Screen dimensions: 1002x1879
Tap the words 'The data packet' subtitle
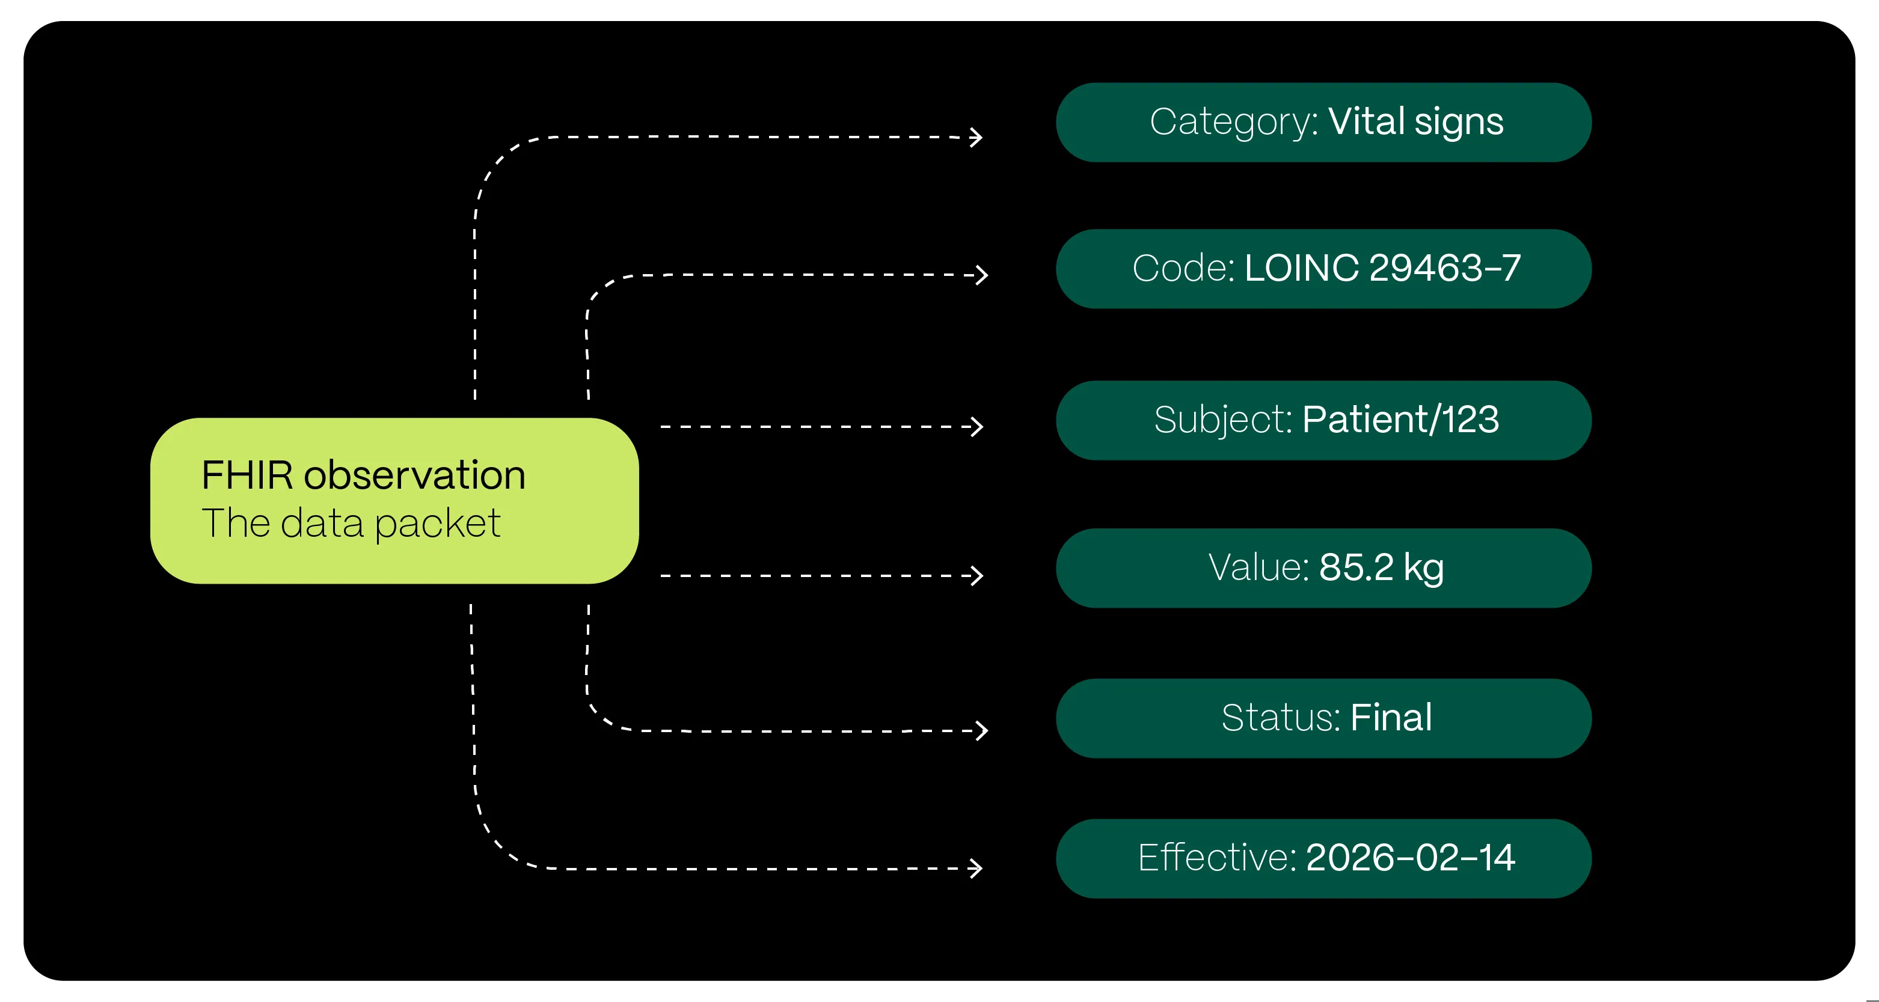[351, 524]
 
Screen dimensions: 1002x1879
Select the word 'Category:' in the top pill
[1233, 122]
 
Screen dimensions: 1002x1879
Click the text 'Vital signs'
[1415, 122]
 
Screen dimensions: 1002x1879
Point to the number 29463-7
[1444, 267]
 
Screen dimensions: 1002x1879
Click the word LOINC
[1301, 267]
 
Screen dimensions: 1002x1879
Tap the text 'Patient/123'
[1400, 420]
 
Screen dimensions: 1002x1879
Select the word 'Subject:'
[1222, 420]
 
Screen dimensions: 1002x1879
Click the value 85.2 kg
[1381, 567]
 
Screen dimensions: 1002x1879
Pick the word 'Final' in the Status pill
[1390, 718]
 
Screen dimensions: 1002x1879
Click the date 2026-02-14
[1410, 858]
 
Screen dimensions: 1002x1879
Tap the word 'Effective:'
[1216, 858]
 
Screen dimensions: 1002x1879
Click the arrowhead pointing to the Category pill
[976, 137]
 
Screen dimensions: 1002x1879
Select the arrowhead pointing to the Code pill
[982, 275]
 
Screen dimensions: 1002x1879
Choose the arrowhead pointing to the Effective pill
[976, 868]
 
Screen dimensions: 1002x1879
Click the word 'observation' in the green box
[414, 475]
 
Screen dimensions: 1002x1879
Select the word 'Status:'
[1280, 718]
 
